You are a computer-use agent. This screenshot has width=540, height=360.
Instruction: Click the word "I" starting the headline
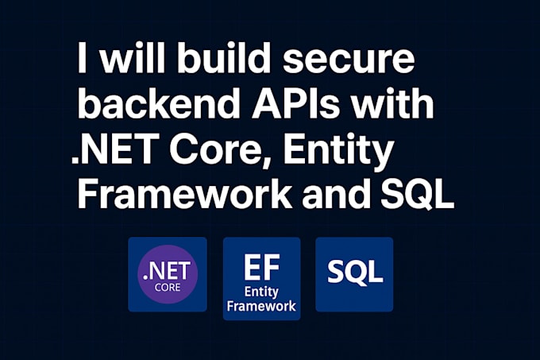coord(83,60)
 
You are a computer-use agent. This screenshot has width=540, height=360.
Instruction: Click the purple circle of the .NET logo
coord(168,274)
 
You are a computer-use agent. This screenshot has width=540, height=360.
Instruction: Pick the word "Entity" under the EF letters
coord(262,291)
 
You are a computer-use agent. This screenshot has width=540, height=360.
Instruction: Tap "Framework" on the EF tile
coord(262,306)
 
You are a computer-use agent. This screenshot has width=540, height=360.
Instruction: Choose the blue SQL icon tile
coord(354,274)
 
